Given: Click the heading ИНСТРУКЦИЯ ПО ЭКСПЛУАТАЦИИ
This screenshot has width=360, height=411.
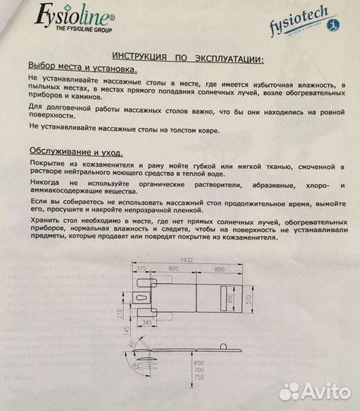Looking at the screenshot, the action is point(189,58).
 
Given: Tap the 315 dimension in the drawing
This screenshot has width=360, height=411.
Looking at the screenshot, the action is point(142,267).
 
